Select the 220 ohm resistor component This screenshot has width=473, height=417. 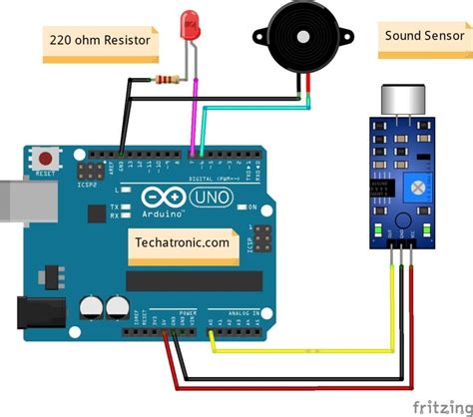pos(167,79)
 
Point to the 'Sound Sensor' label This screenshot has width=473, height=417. pos(417,37)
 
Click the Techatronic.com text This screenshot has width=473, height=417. pos(180,240)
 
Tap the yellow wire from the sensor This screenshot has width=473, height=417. pos(299,351)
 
